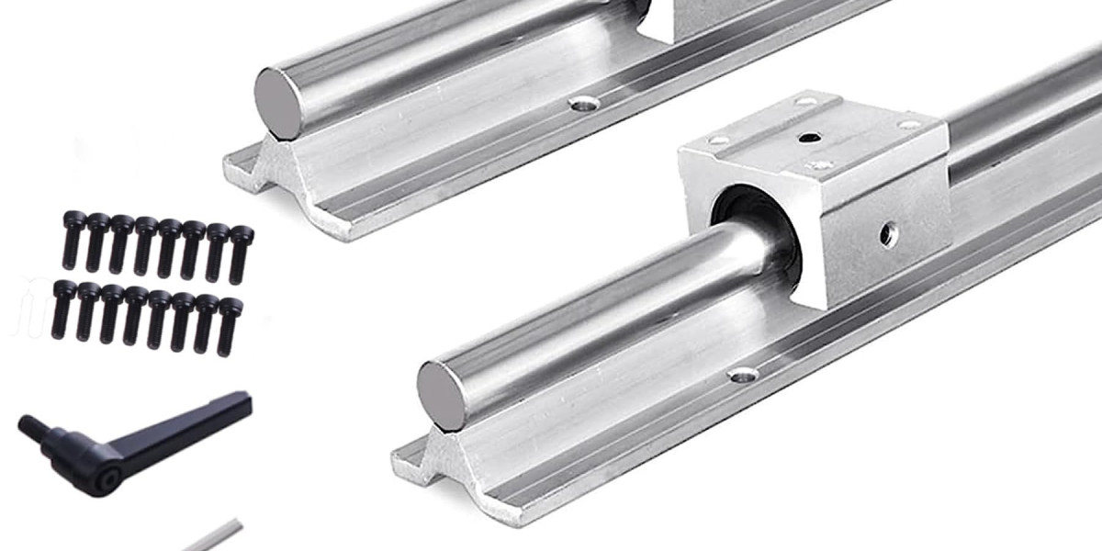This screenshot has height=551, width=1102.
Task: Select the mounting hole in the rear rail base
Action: (581, 105)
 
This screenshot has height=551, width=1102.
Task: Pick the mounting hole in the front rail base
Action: (742, 374)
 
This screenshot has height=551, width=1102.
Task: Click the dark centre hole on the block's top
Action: (809, 138)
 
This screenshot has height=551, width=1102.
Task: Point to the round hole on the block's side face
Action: (887, 235)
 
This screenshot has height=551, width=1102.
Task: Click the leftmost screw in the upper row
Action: (72, 241)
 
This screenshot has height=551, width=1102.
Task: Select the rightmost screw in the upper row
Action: (241, 253)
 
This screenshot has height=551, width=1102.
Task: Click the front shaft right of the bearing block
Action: (1019, 119)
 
